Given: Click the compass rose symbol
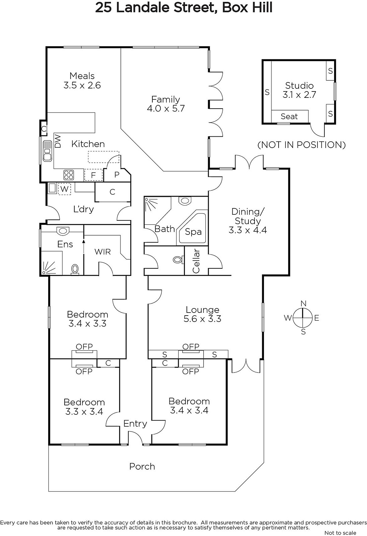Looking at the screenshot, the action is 303,318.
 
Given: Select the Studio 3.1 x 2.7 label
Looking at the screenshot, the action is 299,90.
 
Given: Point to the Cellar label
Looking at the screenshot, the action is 196,261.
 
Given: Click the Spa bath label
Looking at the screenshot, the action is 193,231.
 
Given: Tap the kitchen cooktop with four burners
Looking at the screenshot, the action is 69,175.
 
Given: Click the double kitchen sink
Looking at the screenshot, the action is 47,151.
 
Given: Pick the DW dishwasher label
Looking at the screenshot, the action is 58,141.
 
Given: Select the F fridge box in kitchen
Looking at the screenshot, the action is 93,175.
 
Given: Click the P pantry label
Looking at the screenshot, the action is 117,175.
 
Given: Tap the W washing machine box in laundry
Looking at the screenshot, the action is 64,189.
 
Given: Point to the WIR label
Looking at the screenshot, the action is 103,252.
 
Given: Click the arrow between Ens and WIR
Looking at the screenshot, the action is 83,246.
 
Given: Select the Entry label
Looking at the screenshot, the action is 135,423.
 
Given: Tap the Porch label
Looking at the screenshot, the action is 142,466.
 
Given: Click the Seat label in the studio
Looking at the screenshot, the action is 289,116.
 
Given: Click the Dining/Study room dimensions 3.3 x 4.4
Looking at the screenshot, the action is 247,230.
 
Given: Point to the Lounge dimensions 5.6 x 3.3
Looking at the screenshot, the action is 202,319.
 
